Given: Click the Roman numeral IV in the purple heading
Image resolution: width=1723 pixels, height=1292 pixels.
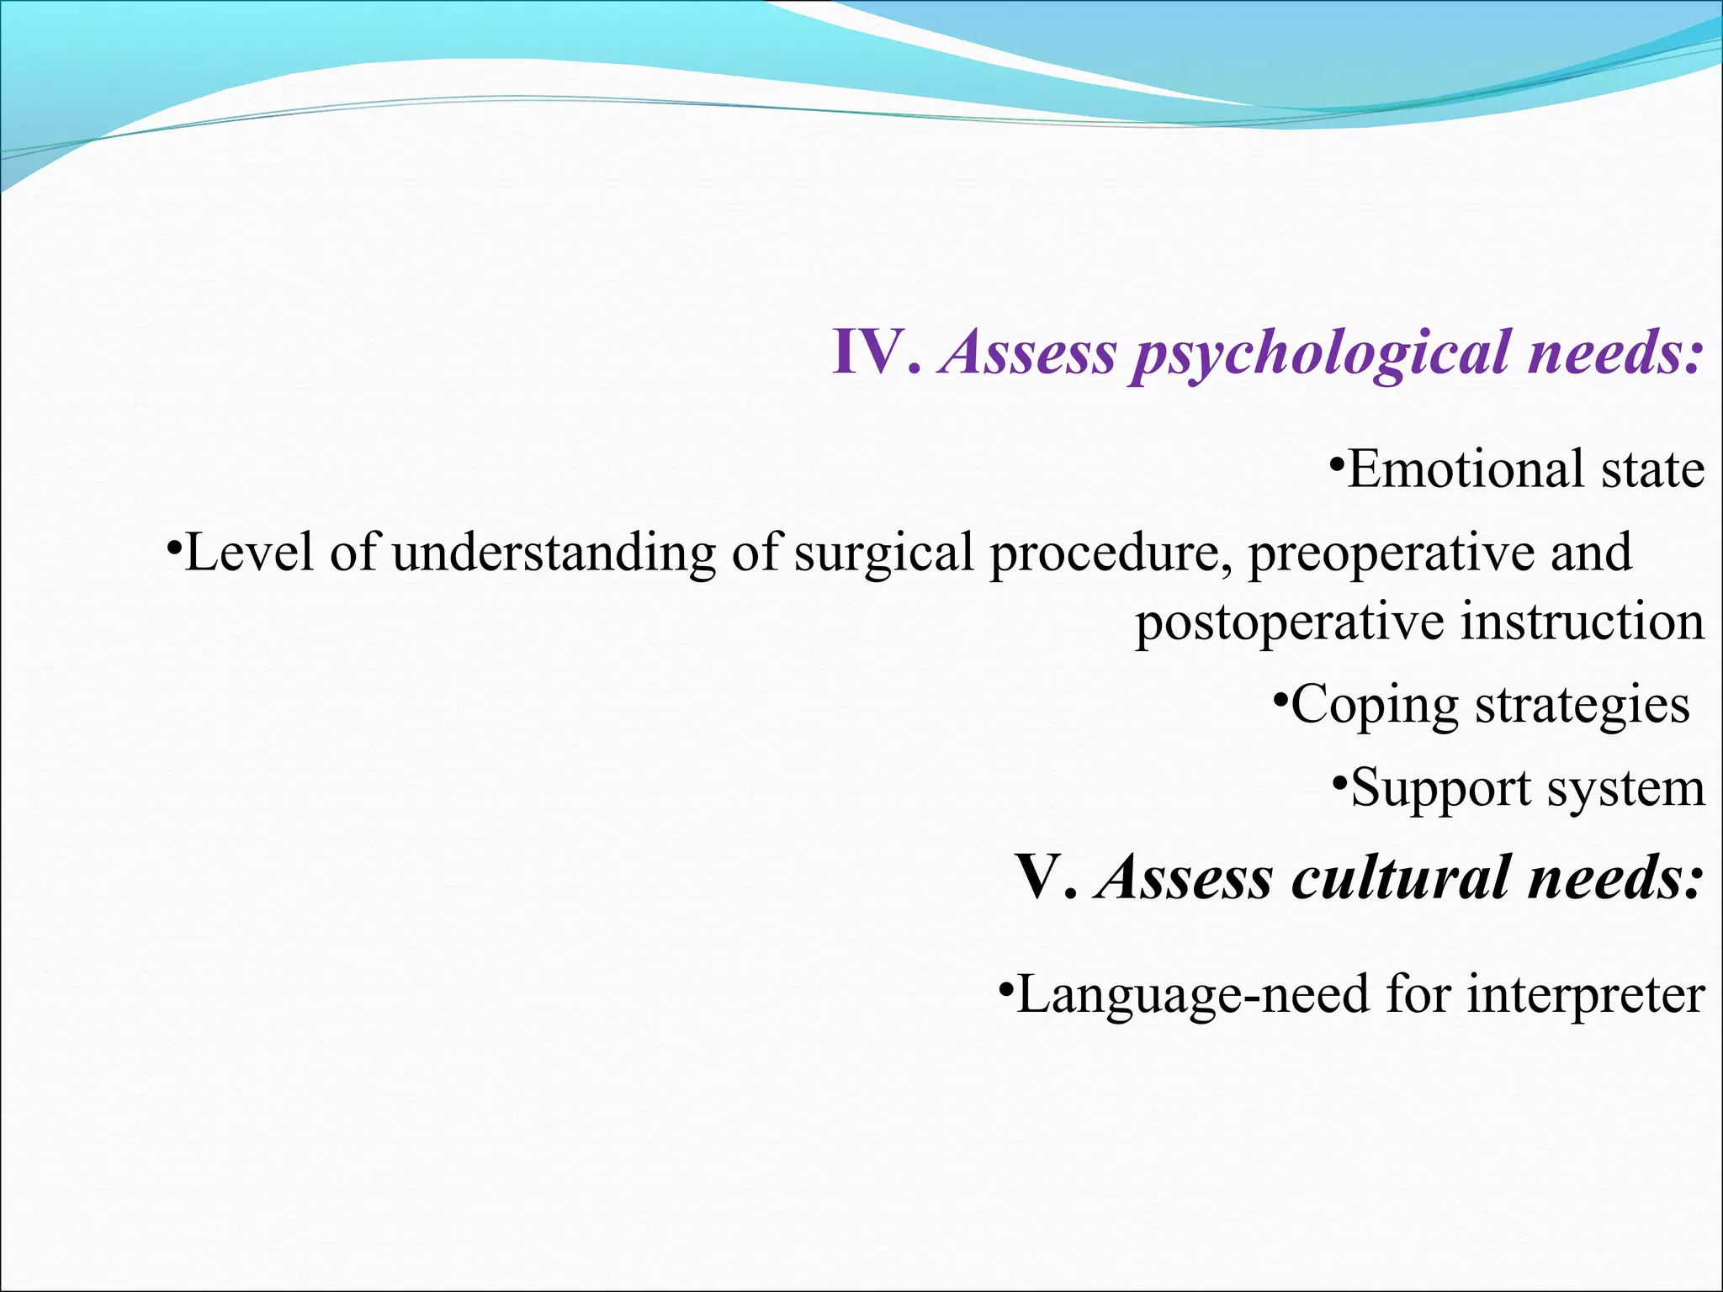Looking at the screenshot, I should tap(871, 352).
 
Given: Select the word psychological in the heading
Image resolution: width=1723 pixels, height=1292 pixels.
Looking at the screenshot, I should tap(1320, 354).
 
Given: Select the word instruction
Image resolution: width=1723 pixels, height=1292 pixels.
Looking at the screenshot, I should tap(1583, 622).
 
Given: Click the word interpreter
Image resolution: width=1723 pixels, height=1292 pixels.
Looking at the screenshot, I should tap(1585, 994).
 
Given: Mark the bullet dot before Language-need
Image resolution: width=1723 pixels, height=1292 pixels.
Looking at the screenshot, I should tap(1005, 986).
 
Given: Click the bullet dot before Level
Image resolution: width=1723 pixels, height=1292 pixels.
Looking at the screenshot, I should tap(172, 545).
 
